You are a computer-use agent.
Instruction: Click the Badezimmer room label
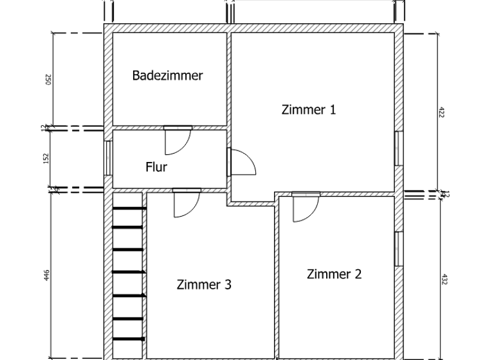pos(167,76)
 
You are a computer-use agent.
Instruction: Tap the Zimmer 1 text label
pos(309,109)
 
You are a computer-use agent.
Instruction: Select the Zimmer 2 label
pos(334,274)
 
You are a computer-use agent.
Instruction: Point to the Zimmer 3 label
pos(204,285)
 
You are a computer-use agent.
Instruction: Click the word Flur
pos(156,167)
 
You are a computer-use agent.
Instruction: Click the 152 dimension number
pos(46,158)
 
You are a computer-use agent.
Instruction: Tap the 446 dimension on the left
pos(47,275)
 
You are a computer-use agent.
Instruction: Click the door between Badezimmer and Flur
pos(177,140)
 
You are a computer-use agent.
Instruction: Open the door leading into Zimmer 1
pos(242,161)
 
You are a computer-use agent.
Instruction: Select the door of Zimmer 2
pos(305,206)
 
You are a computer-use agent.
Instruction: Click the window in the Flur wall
pos(108,157)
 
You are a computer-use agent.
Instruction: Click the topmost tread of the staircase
pos(129,207)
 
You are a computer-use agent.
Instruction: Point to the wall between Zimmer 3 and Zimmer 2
pos(276,276)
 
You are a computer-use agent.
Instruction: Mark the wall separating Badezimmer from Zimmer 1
pos(228,77)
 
